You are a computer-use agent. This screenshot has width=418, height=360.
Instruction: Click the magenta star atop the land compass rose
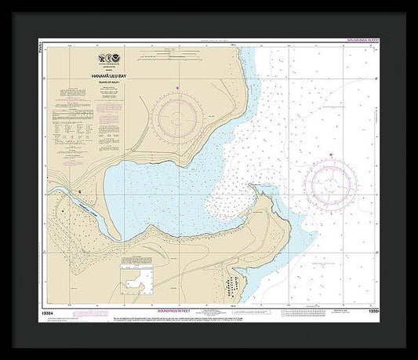[x=178, y=86]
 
